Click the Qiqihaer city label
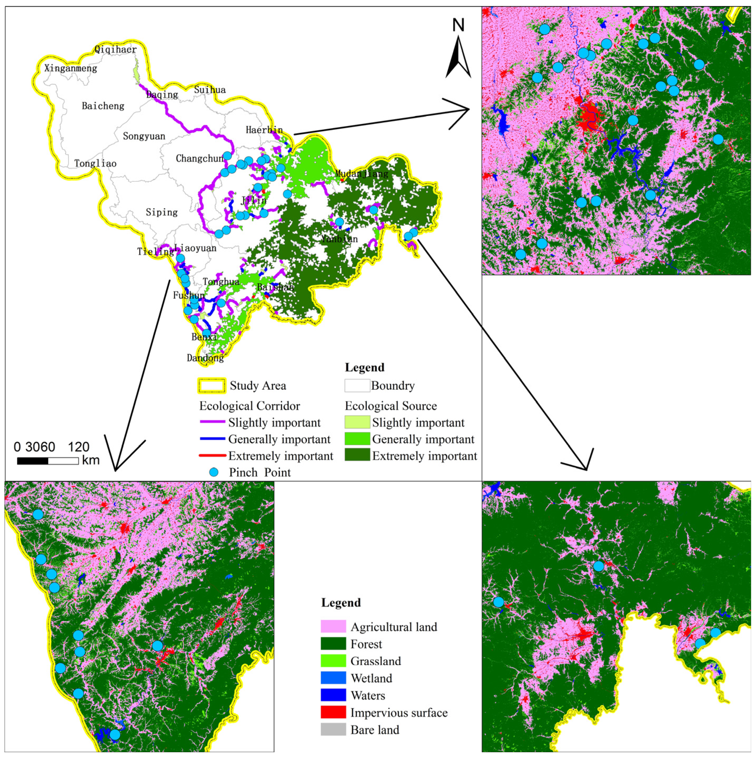tap(115, 49)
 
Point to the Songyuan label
tap(144, 136)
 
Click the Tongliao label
tap(95, 163)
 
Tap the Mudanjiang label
tap(362, 173)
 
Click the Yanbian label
tap(339, 239)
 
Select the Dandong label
tap(205, 358)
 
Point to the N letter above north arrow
tap(458, 25)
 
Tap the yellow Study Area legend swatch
tap(212, 386)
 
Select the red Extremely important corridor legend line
tap(212, 456)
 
